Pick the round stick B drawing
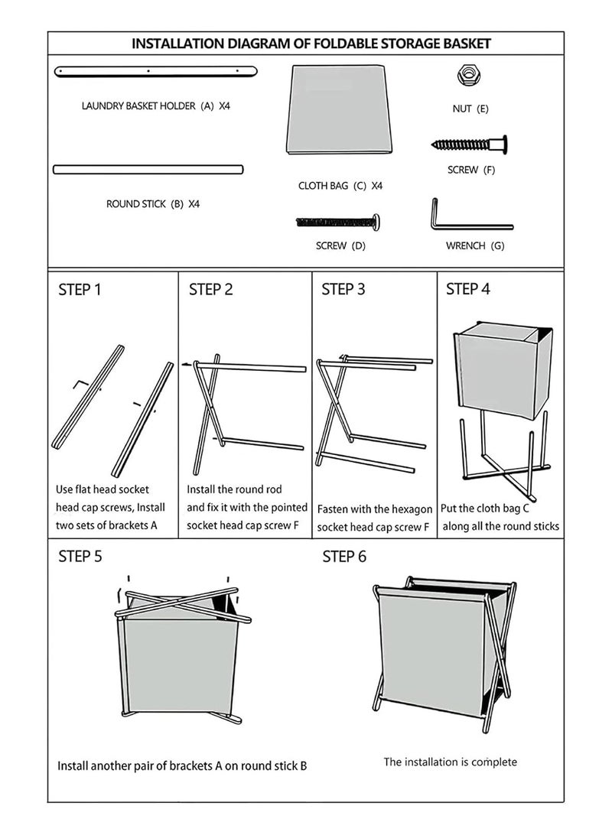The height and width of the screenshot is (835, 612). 148,169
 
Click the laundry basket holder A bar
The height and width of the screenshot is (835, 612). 155,71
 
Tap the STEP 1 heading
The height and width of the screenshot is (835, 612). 80,290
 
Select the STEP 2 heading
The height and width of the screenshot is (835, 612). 210,290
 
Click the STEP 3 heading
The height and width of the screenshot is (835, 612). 343,289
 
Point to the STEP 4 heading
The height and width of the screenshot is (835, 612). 467,289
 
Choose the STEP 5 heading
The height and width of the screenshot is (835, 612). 80,557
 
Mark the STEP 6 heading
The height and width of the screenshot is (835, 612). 344,557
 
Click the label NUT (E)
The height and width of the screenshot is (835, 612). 470,109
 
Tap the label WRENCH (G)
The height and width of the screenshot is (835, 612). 474,246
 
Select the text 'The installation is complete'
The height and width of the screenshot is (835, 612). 450,762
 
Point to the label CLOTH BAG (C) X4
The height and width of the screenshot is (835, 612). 340,186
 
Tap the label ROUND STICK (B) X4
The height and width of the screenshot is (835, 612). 152,204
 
